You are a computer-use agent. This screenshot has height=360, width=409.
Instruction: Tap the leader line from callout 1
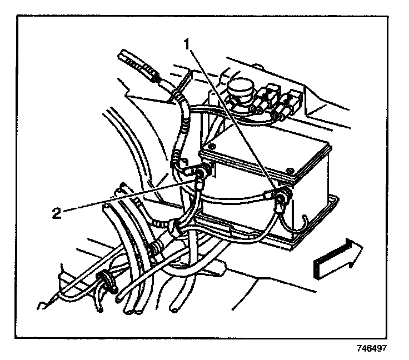click(x=233, y=117)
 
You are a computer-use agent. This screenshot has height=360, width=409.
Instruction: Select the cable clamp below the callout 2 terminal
click(x=176, y=225)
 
